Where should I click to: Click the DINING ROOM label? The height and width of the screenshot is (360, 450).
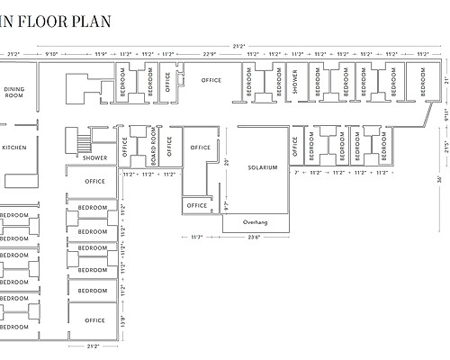point(14,92)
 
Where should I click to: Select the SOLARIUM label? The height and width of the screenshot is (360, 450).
point(263,168)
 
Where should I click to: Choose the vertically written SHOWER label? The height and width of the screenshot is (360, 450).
point(295,82)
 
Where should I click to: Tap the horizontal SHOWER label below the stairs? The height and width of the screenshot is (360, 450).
point(94,157)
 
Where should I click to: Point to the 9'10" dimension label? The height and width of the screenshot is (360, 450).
point(52,54)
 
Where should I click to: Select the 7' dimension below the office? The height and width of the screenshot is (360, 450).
point(295,172)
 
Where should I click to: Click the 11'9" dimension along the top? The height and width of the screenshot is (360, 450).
point(100,54)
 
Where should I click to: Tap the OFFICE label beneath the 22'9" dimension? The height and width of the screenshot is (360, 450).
point(211,81)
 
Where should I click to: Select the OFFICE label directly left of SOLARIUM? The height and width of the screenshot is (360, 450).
point(201,148)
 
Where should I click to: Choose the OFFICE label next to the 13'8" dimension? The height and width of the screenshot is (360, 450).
point(94,320)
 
